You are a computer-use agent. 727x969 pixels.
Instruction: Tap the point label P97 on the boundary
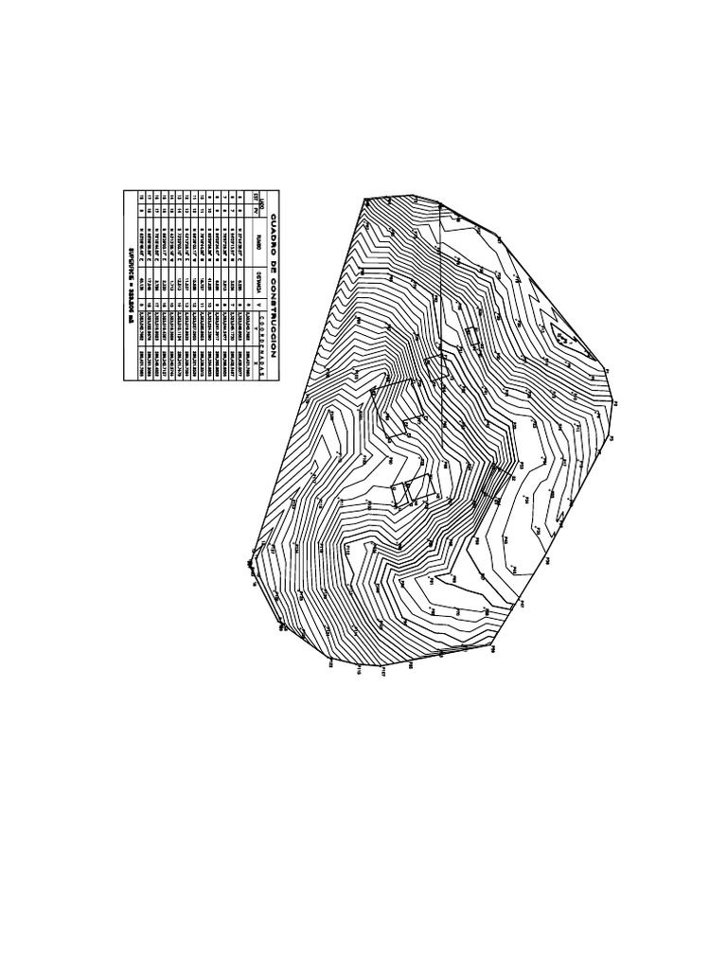point(521,603)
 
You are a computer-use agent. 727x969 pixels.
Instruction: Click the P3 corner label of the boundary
point(613,404)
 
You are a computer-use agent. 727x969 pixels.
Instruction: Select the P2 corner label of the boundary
point(612,438)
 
